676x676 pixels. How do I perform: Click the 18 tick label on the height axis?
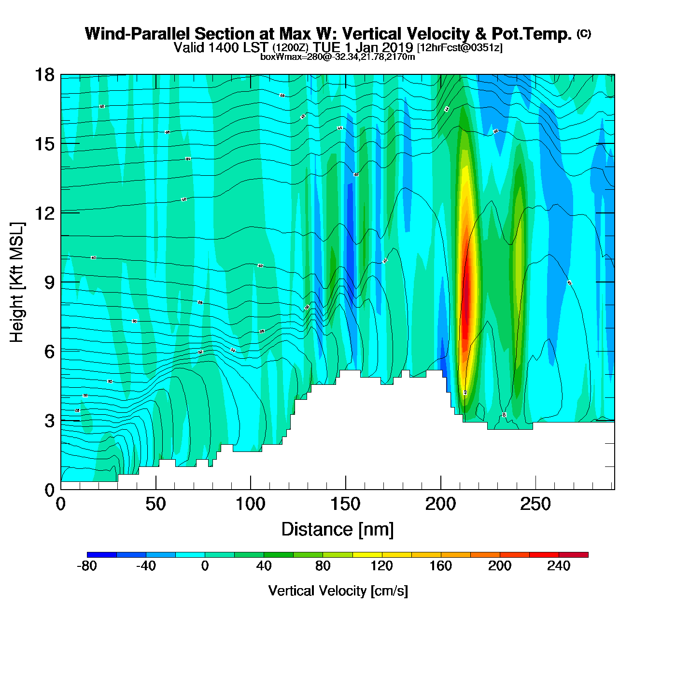pos(44,75)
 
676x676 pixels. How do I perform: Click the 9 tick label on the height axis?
pos(49,282)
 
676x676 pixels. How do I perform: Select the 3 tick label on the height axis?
pos(49,421)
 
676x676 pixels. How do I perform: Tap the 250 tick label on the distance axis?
pos(535,505)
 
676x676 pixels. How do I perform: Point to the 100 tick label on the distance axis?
pos(250,505)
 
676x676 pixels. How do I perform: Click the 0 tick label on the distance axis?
pos(61,505)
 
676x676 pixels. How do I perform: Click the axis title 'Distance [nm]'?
pos(338,530)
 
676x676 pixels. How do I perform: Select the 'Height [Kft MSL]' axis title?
pos(17,282)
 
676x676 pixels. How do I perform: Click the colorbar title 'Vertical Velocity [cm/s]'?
pos(338,591)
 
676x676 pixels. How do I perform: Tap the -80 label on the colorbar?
pos(87,566)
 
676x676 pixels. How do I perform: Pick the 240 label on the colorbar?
pos(559,566)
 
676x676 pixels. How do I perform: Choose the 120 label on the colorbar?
pos(381,566)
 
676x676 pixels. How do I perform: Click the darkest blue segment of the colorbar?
pos(102,555)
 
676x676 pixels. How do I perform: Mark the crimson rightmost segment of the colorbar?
pos(574,555)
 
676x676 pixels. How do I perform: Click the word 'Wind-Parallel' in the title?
pos(138,34)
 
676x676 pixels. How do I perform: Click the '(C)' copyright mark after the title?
pos(584,33)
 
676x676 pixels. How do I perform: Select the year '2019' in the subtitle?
pos(397,47)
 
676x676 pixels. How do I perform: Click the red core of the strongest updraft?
pos(466,299)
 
